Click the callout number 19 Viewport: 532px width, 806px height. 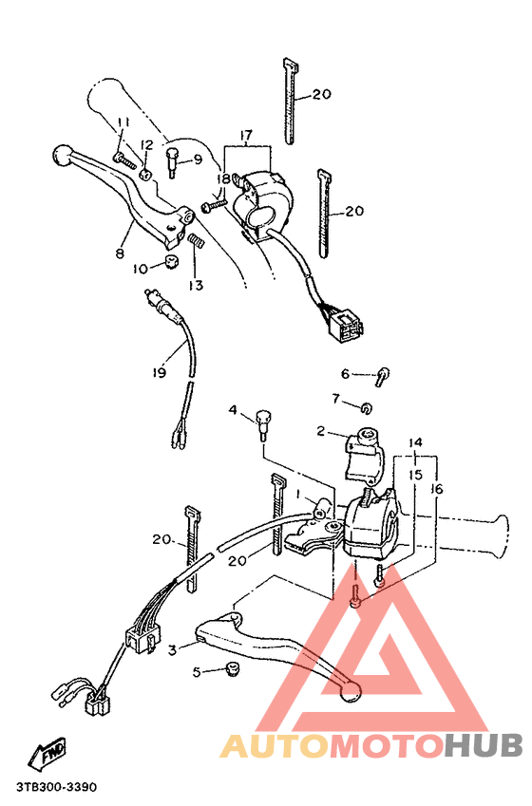[160, 374]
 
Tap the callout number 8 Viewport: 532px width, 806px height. [121, 253]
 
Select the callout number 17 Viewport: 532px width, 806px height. [246, 137]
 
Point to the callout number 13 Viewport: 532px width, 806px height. [196, 285]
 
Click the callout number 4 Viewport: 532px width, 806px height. [231, 410]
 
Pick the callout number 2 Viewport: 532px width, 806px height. [322, 431]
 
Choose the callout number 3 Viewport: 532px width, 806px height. [173, 649]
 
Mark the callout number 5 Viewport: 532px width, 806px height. [197, 673]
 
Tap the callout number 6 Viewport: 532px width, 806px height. [346, 373]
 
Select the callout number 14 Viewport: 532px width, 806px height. [415, 443]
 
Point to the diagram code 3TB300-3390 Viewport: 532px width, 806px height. [56, 788]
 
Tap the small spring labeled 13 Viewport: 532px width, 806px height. [196, 243]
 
